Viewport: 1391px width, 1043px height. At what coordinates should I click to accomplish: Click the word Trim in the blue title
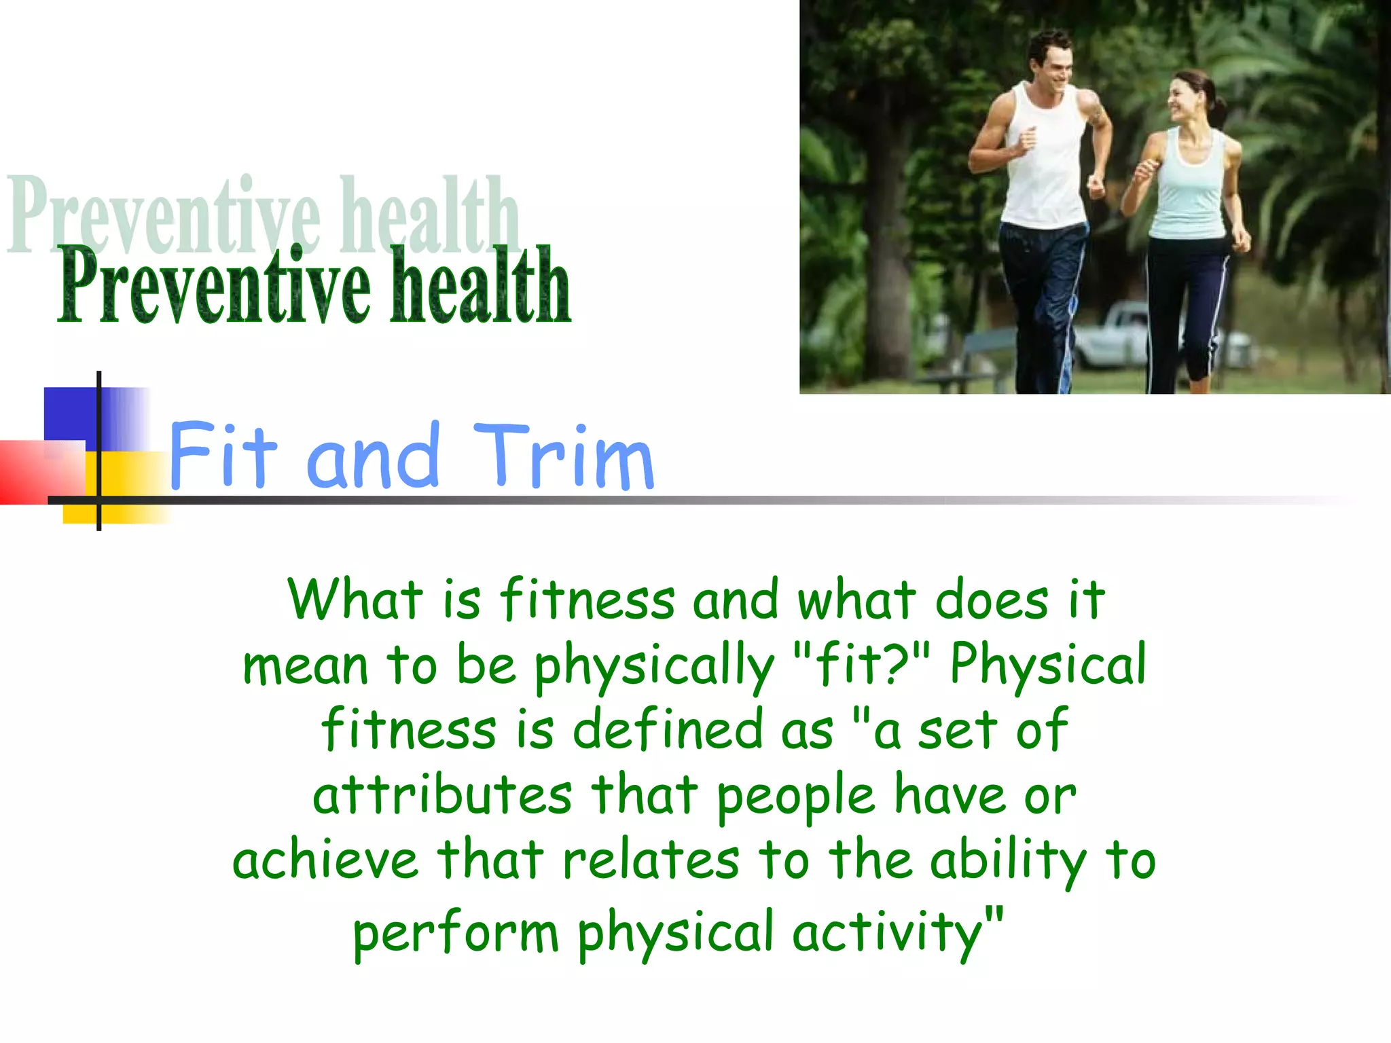(x=564, y=456)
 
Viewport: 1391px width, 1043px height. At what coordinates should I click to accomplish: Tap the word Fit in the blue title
(x=223, y=456)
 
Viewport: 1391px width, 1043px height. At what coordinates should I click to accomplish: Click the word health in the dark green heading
(x=481, y=287)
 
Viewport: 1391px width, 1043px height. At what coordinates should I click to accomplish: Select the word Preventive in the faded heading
(x=163, y=216)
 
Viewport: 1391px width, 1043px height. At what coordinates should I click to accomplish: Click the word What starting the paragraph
(x=355, y=599)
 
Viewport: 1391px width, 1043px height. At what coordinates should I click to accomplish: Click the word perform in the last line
(x=455, y=933)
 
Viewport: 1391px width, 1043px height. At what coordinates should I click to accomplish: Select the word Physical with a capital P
(x=1048, y=664)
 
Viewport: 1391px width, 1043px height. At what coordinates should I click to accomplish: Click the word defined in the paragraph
(x=668, y=729)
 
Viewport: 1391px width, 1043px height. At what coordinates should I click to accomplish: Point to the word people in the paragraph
(x=796, y=796)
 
